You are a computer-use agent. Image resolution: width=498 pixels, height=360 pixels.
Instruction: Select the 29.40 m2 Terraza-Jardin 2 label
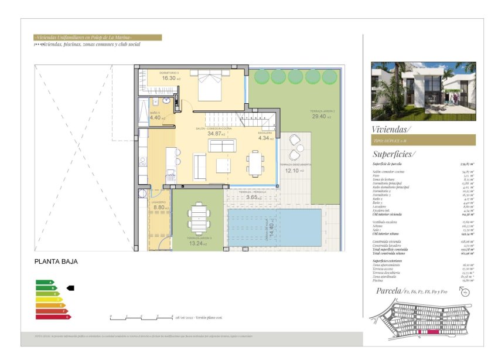coord(322,117)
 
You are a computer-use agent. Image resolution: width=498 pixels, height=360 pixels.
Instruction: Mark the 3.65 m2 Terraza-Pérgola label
coord(251,197)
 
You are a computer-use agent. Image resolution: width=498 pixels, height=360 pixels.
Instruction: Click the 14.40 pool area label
coord(271,228)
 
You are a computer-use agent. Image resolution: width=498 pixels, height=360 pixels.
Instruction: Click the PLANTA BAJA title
coord(56,262)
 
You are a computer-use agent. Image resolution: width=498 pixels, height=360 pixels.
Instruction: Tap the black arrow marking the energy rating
coord(70,288)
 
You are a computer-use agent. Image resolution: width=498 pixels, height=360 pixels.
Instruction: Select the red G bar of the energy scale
coord(53,317)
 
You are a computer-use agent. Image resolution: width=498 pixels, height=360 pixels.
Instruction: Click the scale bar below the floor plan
coord(141,317)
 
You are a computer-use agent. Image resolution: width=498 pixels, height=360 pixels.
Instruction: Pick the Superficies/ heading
coord(393,154)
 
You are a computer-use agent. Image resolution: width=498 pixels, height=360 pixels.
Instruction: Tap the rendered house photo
coord(423,91)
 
